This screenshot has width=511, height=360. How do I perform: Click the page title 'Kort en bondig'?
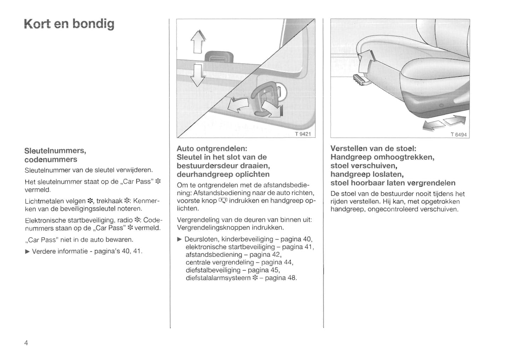69,24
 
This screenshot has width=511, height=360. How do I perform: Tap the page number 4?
26,343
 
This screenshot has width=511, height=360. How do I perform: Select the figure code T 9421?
302,134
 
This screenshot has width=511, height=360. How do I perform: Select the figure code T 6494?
458,135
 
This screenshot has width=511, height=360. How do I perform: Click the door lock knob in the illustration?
219,56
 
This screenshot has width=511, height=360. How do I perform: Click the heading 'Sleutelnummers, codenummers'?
55,155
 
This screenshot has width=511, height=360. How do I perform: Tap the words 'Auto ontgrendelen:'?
212,148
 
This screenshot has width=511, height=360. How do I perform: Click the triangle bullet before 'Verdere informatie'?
28,252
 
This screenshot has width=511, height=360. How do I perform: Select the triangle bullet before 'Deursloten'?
180,240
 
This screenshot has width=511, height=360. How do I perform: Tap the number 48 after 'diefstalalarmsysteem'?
292,278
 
